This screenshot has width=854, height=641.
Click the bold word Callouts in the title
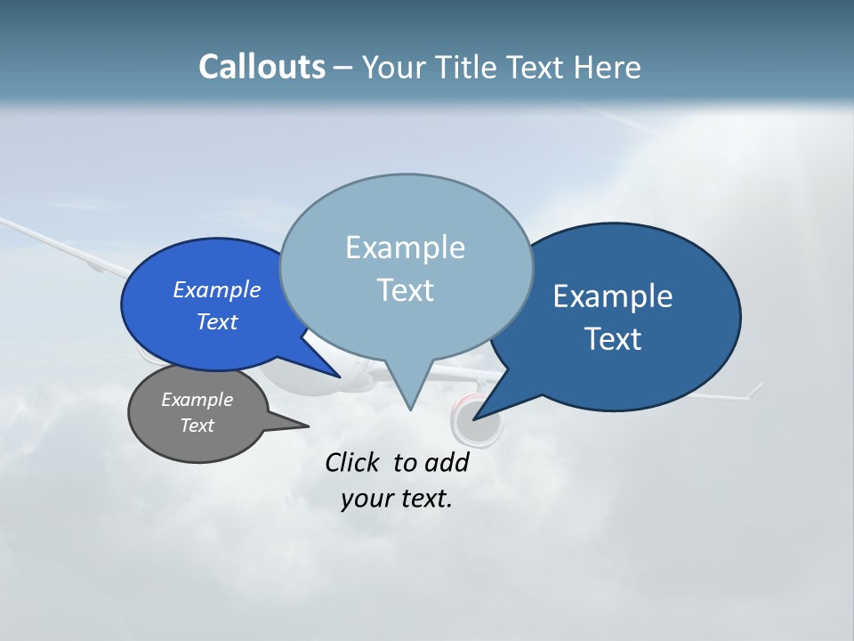coord(262,67)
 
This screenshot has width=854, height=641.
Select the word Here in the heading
coord(608,68)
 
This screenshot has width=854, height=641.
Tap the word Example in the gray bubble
coord(197,400)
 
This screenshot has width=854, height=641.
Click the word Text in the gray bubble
coord(197,426)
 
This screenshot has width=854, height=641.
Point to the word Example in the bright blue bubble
coord(216,289)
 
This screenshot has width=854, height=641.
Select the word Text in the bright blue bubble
coord(216,321)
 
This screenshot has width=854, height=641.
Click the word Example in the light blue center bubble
coord(405,247)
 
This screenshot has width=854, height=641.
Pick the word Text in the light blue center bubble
coord(405,290)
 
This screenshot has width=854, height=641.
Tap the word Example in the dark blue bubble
coord(612,296)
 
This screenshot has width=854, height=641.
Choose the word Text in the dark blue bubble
coord(613,339)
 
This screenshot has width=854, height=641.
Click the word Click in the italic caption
coord(354,462)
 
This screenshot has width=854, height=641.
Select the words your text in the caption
coord(396,499)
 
